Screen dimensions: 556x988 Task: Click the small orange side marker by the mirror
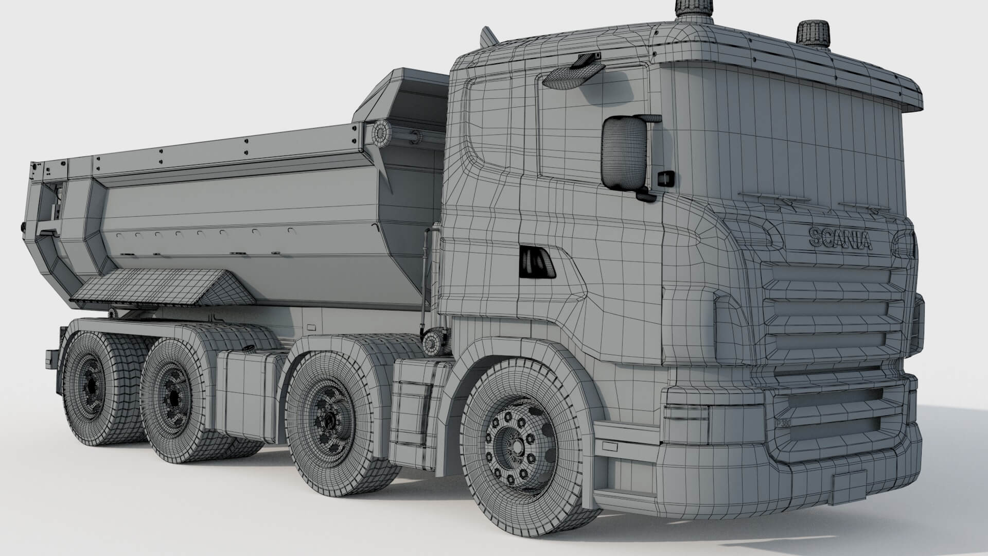tap(666, 178)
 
